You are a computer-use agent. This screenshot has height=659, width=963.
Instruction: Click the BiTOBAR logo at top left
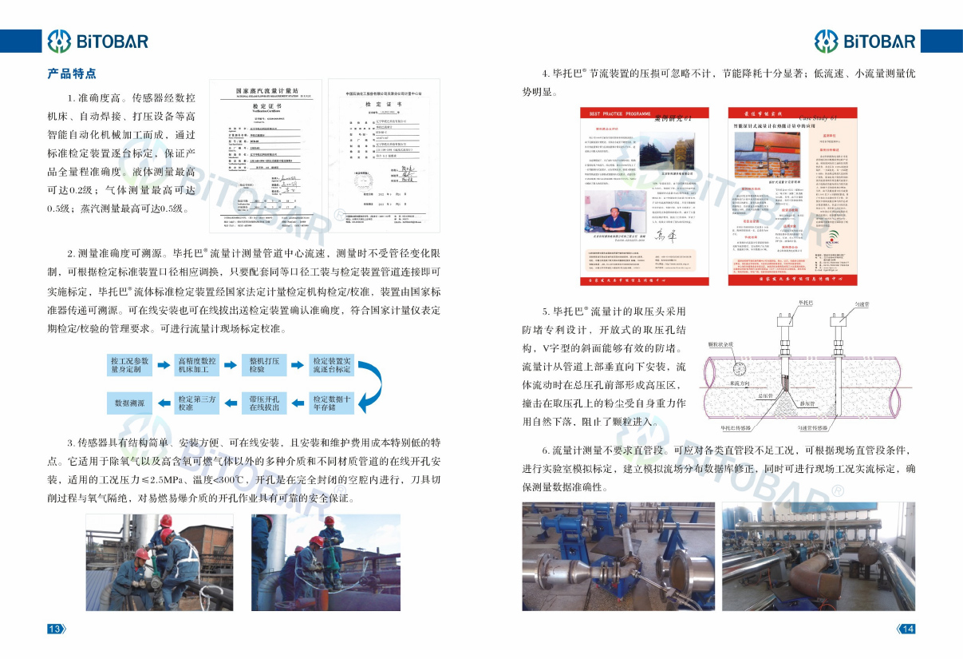(x=97, y=40)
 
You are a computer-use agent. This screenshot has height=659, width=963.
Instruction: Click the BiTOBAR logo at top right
(x=865, y=40)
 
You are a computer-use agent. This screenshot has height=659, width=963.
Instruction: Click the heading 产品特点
(x=72, y=74)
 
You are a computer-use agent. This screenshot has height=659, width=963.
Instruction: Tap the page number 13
(x=55, y=629)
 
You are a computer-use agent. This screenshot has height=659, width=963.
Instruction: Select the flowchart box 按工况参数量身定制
(x=129, y=365)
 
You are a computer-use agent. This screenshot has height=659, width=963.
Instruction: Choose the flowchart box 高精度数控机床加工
(x=197, y=365)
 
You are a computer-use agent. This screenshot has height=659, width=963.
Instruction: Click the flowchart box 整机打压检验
(x=264, y=365)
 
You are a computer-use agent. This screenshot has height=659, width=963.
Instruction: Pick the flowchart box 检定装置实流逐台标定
(x=332, y=365)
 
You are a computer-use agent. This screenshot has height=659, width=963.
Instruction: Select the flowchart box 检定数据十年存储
(x=332, y=403)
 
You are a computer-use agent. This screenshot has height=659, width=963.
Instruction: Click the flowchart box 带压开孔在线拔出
(x=264, y=403)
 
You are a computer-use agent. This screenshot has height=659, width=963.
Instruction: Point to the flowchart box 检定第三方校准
(x=197, y=403)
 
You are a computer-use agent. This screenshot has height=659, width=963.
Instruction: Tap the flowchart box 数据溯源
(x=129, y=403)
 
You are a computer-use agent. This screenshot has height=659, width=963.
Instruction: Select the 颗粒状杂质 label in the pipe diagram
(x=720, y=345)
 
